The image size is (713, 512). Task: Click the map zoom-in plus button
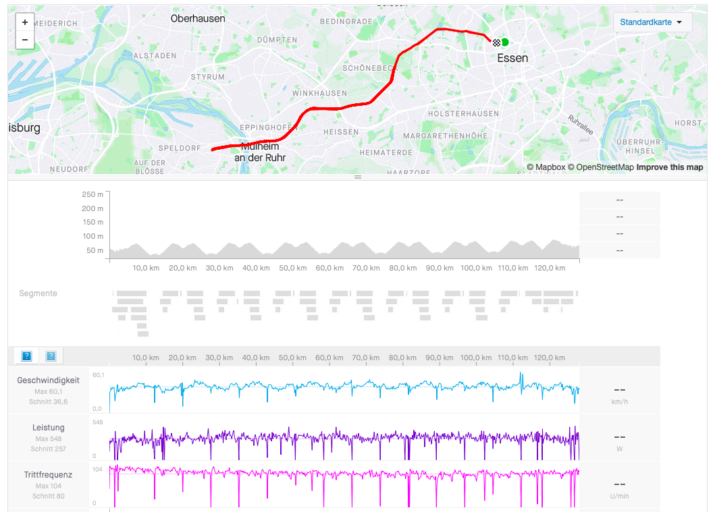coord(25,22)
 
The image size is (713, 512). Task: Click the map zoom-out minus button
coord(25,40)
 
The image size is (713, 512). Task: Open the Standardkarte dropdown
coord(652,22)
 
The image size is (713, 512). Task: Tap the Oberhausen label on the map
coord(198,19)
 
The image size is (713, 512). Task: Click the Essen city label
coord(512,58)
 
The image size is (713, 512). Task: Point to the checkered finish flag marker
coord(497,42)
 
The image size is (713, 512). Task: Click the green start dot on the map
coord(505,42)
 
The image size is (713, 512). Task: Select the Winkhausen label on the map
coord(320,93)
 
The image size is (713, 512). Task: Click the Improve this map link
coord(669,167)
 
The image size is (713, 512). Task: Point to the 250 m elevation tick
coord(93,194)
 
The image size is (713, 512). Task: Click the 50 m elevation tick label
coord(95,251)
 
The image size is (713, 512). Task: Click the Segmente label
coord(38,293)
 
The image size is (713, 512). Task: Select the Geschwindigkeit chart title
coord(48,380)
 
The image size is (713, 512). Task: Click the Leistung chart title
coord(49,428)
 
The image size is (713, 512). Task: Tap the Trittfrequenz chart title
coord(48,475)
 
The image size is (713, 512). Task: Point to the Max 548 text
coord(49,438)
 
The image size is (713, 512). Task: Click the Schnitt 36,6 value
coord(49,402)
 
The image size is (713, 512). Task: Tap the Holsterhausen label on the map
coord(463,114)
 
